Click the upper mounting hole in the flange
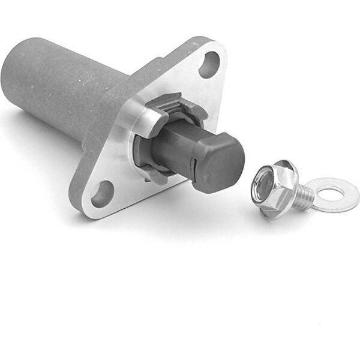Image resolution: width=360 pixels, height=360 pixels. click(x=209, y=65)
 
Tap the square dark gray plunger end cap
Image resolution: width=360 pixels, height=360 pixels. click(x=220, y=161)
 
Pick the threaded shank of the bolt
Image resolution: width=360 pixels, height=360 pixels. click(x=303, y=196)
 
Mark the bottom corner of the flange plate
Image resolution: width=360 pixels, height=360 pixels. click(x=84, y=213)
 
